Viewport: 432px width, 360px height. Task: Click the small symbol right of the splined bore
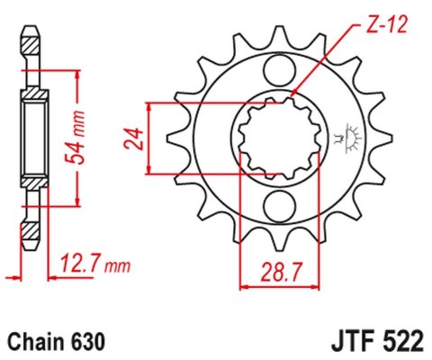click(346, 137)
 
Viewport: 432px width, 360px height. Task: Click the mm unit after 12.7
click(117, 265)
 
